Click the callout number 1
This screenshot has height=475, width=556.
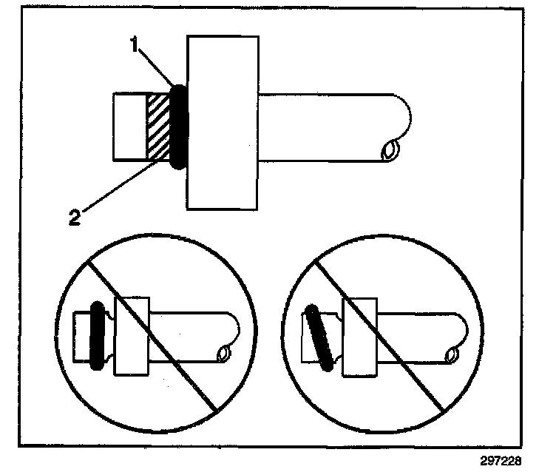click(135, 46)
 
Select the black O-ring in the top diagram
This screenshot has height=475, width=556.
click(179, 127)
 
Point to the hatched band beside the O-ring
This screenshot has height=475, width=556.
click(158, 127)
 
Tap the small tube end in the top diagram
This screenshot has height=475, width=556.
click(129, 127)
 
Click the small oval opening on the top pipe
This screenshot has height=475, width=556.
click(388, 152)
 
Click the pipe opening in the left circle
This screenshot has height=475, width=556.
click(221, 356)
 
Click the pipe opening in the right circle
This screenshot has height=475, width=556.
click(449, 357)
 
